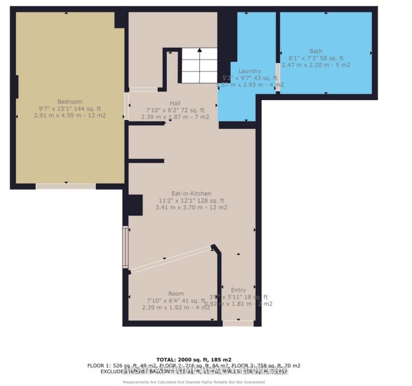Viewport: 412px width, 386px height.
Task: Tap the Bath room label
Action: tap(316, 51)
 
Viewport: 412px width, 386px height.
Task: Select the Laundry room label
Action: tap(250, 71)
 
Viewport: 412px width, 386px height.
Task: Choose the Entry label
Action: tap(238, 290)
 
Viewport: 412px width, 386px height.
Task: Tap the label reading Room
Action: tap(176, 294)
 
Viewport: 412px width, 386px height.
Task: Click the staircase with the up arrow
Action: tap(199, 66)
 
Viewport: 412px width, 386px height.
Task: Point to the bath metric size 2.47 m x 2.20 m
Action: tap(316, 65)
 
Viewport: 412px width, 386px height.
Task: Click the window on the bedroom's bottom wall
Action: tap(66, 186)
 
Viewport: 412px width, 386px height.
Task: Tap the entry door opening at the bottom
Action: tap(238, 323)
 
